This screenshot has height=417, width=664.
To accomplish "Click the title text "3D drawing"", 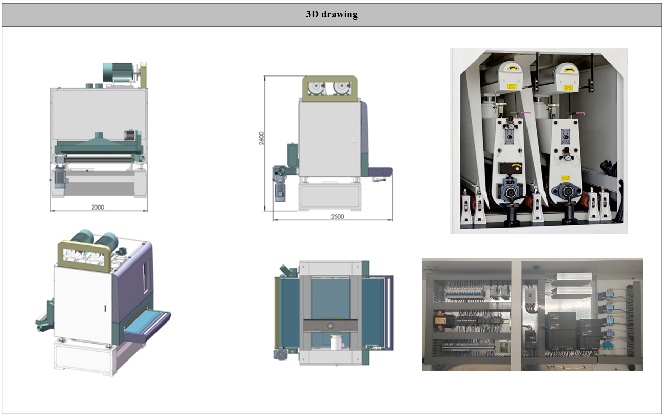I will [x=331, y=14].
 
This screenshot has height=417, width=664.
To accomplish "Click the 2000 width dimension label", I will [x=97, y=207].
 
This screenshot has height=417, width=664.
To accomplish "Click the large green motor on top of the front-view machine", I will [x=118, y=72].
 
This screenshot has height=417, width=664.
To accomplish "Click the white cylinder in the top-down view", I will [x=336, y=343].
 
